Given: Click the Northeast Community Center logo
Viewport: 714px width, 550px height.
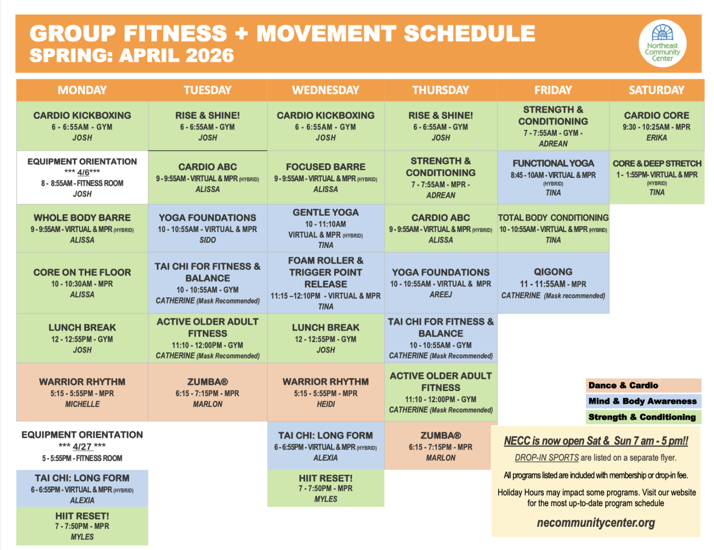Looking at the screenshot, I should click(x=662, y=44).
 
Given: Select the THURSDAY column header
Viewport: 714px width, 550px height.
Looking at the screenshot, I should click(x=440, y=90).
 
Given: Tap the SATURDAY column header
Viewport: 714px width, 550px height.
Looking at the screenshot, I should click(x=656, y=90).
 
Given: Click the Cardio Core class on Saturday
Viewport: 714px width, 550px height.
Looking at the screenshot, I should click(x=656, y=126).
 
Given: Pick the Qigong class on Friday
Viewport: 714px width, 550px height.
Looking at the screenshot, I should click(x=553, y=283).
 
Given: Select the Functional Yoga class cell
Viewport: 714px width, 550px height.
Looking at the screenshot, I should click(x=553, y=177).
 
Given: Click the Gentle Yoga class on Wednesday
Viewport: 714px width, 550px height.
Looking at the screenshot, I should click(x=325, y=228).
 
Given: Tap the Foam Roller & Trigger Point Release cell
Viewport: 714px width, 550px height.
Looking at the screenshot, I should click(x=325, y=283).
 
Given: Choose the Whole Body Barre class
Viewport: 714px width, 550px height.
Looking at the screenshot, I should click(x=82, y=228).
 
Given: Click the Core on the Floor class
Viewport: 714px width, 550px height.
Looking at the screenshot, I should click(x=82, y=283).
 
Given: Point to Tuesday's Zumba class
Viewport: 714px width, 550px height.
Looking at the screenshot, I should click(x=207, y=392).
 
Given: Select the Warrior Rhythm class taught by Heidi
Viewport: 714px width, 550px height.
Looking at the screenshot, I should click(x=325, y=392).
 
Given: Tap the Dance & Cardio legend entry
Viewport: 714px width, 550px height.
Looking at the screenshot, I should click(x=643, y=385).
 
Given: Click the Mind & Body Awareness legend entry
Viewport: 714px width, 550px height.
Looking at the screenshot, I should click(x=643, y=401).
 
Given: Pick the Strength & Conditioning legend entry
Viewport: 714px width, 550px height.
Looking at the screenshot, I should click(x=643, y=417).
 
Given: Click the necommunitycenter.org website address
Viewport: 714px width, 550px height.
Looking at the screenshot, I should click(x=595, y=523).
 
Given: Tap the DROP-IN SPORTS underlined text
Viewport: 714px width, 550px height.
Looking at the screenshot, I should click(x=547, y=457).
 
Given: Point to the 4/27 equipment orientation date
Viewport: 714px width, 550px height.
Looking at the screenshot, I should click(x=82, y=446).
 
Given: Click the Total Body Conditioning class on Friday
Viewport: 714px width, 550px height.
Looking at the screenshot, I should click(x=553, y=228).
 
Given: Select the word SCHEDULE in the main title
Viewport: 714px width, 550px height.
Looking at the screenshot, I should click(x=469, y=33).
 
